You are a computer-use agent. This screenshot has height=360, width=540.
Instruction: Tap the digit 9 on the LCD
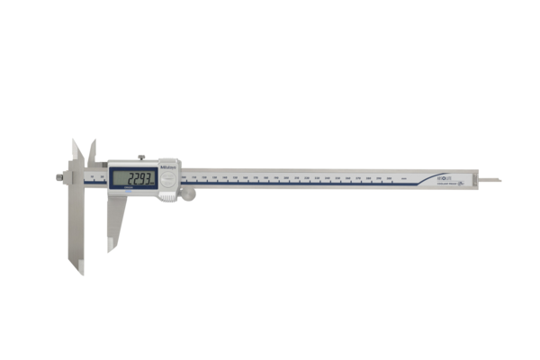point(140,177)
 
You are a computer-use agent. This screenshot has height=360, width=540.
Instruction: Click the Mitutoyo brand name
point(168,164)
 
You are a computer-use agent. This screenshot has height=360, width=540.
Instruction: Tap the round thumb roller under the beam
point(188,193)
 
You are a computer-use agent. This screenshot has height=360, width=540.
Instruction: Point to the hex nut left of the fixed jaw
point(59,177)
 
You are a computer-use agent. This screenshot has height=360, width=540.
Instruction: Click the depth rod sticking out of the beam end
point(490,180)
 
